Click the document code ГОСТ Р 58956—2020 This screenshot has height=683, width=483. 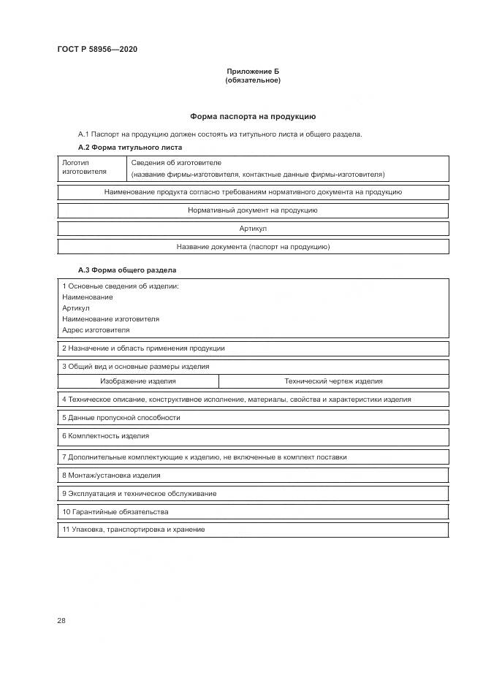tap(96, 49)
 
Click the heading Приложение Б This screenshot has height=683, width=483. tap(252, 72)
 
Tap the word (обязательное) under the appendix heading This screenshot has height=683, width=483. tap(252, 80)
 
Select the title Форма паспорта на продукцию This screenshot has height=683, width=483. tap(252, 116)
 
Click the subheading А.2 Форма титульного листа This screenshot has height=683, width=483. tap(121, 147)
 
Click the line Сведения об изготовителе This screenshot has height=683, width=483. tap(176, 162)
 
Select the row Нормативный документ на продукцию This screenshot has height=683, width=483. tap(252, 210)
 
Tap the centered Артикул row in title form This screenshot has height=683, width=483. tap(252, 229)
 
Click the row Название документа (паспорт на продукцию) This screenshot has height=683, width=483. tap(252, 247)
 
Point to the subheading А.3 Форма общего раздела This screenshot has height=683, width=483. tap(118, 270)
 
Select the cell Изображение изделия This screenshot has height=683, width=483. tap(138, 381)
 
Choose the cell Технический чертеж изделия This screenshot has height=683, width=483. tap(333, 381)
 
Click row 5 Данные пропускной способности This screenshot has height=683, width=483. tap(121, 418)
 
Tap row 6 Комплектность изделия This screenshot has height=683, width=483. tap(106, 436)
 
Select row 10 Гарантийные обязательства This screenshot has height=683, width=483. tap(115, 512)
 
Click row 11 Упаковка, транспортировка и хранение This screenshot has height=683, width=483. tap(134, 530)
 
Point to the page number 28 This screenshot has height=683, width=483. tap(61, 621)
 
